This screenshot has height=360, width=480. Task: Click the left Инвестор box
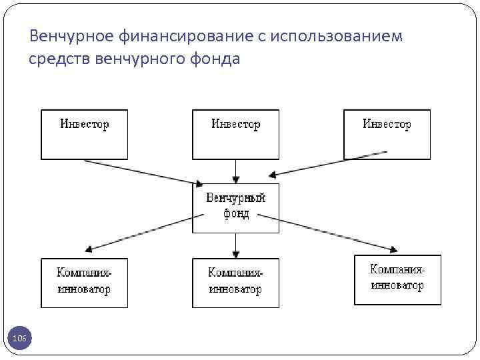click(x=84, y=134)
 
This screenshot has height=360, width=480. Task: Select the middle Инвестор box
click(x=235, y=134)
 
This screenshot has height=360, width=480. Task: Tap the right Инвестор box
click(x=387, y=134)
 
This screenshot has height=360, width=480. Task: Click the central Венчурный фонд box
click(x=235, y=208)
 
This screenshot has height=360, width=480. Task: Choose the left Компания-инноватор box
click(x=84, y=283)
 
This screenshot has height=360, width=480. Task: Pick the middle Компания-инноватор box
click(x=235, y=283)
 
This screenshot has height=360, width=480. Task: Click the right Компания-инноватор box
click(x=397, y=279)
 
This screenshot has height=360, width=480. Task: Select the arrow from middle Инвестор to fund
click(x=235, y=171)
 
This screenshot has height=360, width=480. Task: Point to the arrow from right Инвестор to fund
click(x=330, y=164)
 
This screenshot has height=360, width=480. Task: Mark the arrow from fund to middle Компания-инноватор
click(x=235, y=245)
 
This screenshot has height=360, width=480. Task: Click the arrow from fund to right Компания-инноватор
click(x=327, y=233)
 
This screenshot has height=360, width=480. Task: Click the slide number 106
click(x=20, y=339)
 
